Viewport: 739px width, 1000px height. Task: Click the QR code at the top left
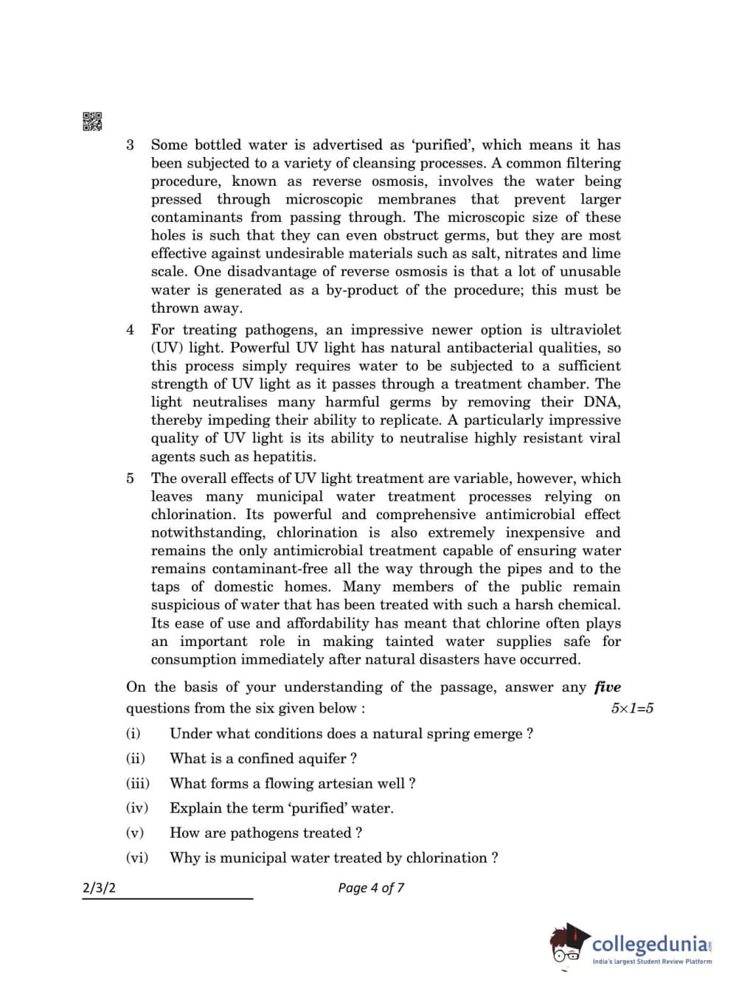click(92, 121)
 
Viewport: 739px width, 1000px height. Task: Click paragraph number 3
click(131, 145)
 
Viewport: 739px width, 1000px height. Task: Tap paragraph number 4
click(131, 330)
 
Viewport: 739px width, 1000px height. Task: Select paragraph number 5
click(131, 478)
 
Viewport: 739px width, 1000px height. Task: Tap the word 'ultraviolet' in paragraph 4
click(582, 330)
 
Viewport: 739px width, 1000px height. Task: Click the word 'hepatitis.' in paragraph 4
click(285, 456)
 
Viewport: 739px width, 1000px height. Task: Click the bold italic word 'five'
click(607, 687)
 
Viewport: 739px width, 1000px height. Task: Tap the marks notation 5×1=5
click(632, 709)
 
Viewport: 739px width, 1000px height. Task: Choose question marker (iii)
click(137, 783)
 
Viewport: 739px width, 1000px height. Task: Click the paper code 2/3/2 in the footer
click(99, 888)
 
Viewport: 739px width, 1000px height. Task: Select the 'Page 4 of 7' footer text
click(371, 888)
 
